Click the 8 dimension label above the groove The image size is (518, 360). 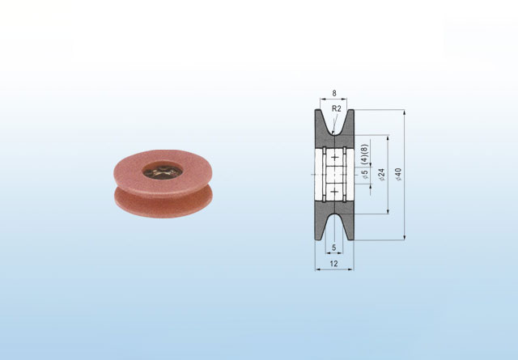coord(334,93)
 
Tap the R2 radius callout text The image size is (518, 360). coord(337,108)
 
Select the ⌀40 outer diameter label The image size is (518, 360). coord(398,175)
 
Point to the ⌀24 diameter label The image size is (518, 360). coord(381,175)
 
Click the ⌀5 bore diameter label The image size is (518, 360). coord(365,175)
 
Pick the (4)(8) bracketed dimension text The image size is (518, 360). coord(365,154)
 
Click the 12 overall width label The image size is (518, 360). coord(334,264)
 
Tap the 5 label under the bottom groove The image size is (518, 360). coord(334,248)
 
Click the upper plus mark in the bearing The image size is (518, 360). coord(335,157)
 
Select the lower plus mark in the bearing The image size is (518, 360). coord(335,192)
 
